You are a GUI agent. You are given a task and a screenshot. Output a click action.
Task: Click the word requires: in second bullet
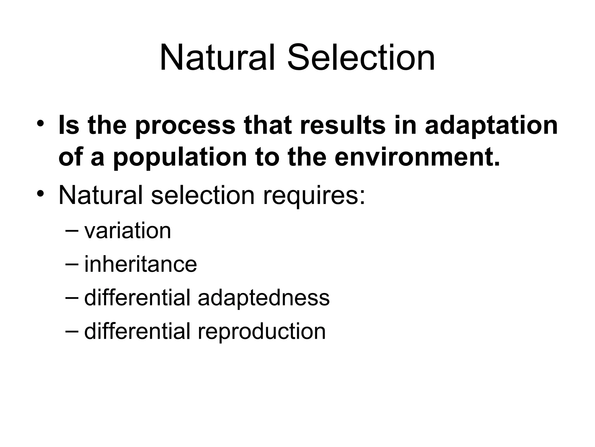[x=314, y=196]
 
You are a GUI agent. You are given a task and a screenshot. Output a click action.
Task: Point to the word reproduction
[x=261, y=332]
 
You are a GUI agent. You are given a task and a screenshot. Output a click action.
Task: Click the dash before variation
[x=72, y=230]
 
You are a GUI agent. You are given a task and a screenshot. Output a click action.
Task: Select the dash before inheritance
[x=72, y=263]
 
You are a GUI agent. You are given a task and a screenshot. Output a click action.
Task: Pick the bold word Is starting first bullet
[x=69, y=125]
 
